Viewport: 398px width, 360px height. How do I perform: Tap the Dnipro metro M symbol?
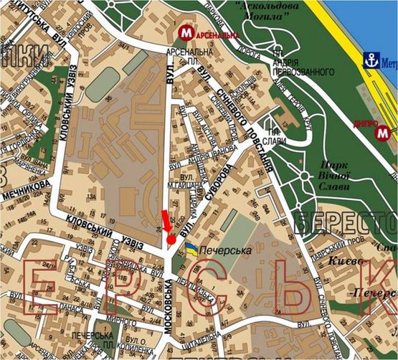385,133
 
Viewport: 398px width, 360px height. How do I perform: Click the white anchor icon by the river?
371,60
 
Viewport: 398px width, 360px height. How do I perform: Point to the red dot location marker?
171,240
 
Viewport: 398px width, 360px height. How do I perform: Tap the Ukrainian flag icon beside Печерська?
192,248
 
